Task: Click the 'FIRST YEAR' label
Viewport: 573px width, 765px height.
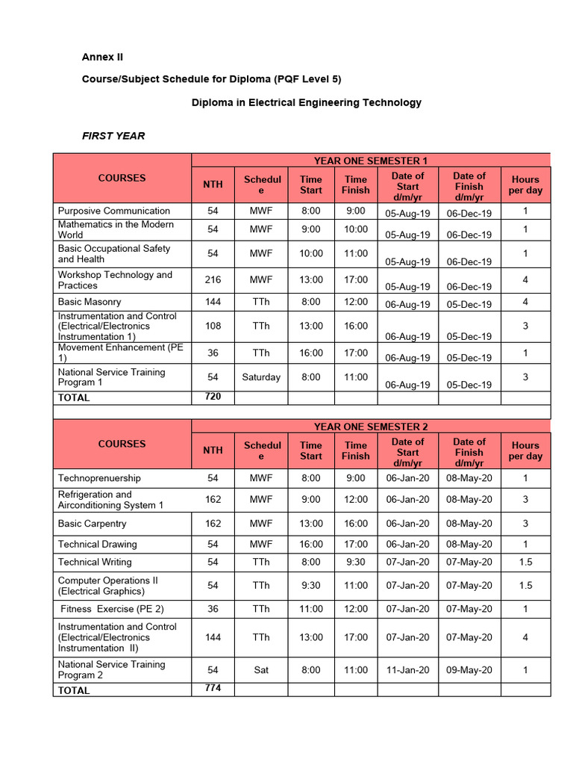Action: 113,136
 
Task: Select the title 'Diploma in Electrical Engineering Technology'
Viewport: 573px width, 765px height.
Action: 307,102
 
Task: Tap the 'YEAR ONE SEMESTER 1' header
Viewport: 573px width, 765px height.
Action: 371,161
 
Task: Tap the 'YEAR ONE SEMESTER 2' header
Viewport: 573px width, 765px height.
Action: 371,427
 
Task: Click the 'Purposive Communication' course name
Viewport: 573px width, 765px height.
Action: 114,211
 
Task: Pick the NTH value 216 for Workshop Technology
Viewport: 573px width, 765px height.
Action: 213,280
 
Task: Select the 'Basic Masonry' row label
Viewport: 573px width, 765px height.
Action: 90,302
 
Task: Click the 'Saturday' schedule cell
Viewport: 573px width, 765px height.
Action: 261,377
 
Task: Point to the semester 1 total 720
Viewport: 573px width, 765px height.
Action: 213,397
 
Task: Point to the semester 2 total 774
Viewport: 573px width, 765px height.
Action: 213,688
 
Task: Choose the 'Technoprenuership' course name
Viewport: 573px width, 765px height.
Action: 99,478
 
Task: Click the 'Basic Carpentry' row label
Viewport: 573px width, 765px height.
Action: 93,524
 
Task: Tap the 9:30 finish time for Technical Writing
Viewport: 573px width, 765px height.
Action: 355,562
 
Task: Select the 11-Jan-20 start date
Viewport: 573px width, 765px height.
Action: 407,670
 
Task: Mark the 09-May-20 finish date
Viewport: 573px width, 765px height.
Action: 469,670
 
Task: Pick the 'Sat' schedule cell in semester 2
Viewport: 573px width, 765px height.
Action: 261,670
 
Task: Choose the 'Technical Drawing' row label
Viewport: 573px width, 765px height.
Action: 98,545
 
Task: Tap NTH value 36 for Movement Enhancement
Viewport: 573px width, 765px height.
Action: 213,353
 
